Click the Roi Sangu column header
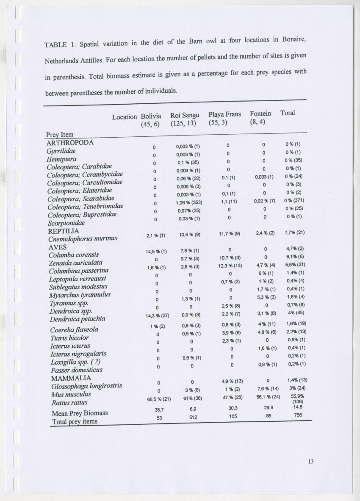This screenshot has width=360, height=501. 185,115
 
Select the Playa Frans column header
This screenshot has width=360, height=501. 224,114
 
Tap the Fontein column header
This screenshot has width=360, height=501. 260,113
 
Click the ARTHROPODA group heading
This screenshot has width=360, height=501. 69,142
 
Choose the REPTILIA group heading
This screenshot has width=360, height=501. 64,231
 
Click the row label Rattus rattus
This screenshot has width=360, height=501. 69,402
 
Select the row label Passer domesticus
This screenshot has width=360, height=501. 76,370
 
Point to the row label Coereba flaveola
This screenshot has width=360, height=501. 74,329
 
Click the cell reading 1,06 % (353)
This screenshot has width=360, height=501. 189,202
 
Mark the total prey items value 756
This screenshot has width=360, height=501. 298,415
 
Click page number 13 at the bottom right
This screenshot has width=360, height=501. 311,461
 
